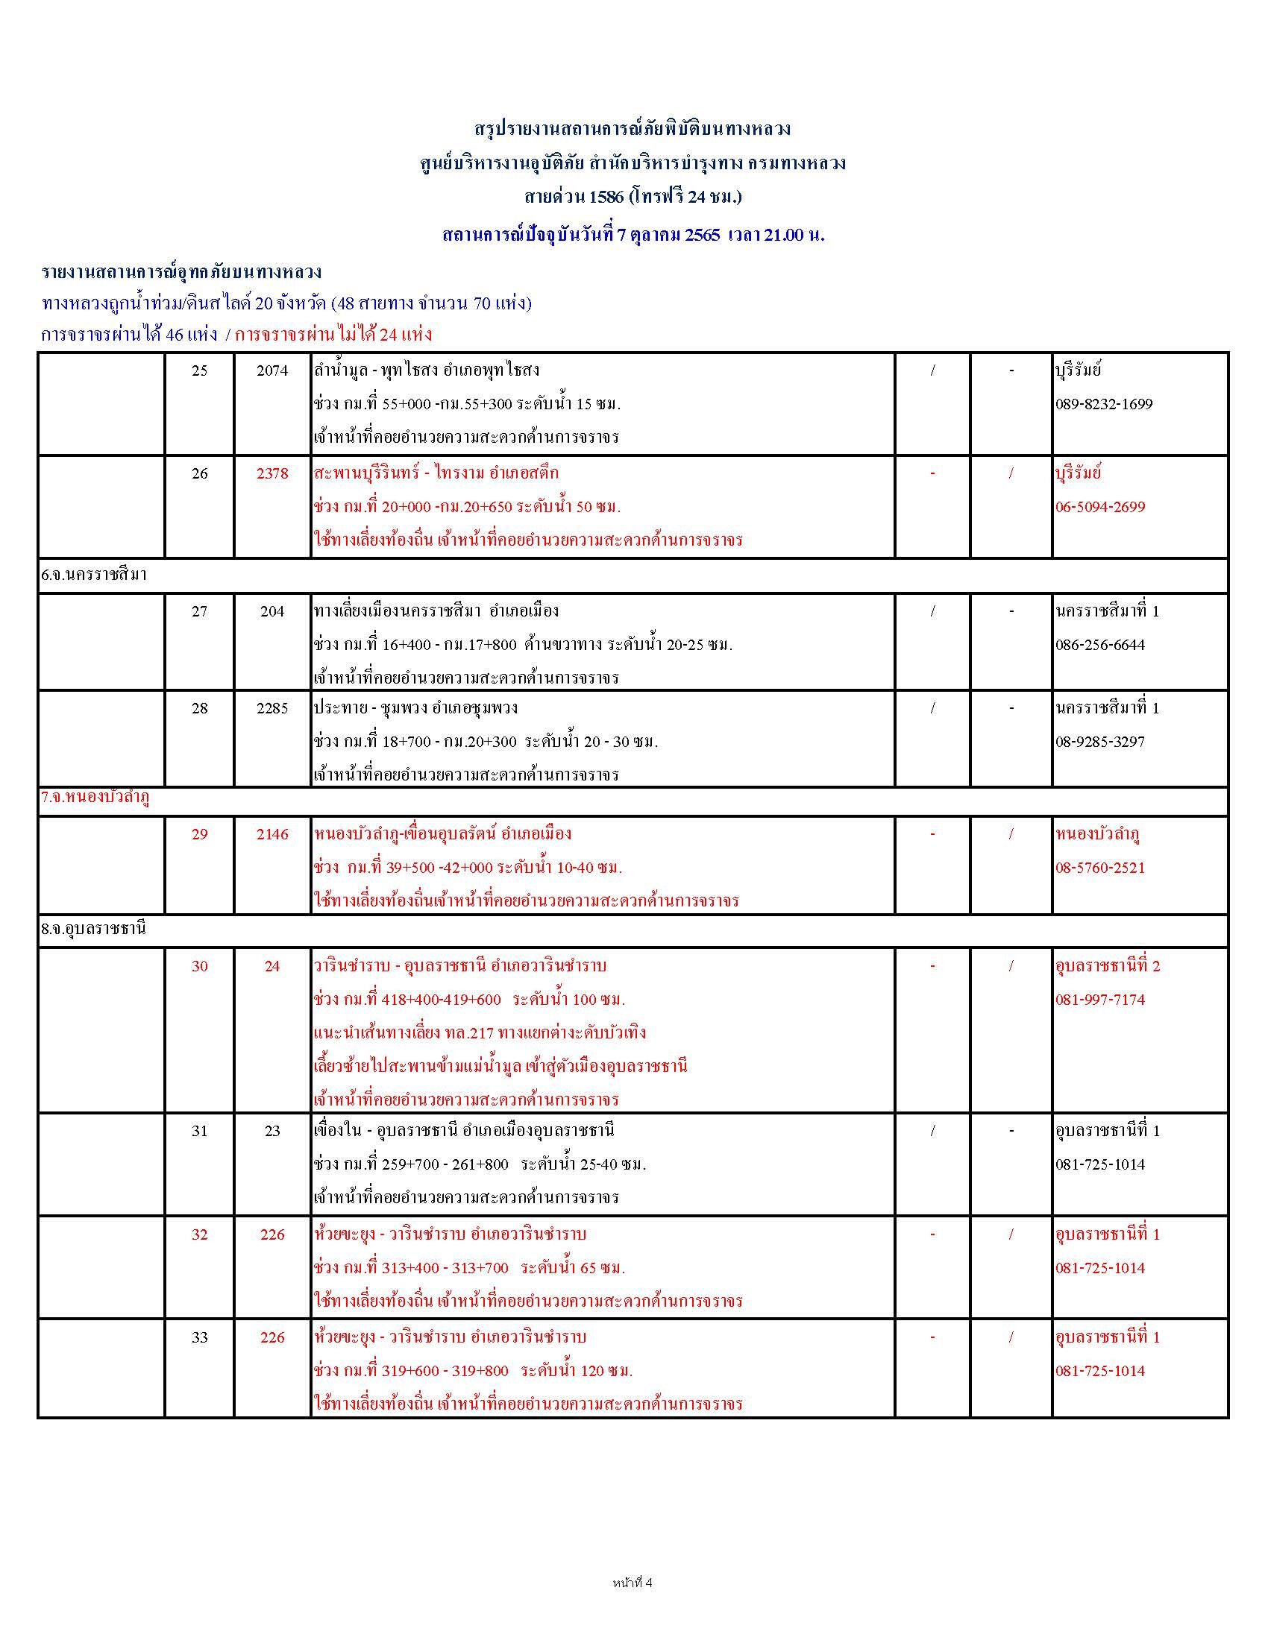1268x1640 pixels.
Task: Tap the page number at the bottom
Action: (633, 1583)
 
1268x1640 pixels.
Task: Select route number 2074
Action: (272, 371)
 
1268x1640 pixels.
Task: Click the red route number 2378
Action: (272, 474)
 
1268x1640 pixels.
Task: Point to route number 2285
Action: (272, 708)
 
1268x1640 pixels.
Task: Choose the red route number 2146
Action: (272, 834)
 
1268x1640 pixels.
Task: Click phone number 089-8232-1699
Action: (1103, 404)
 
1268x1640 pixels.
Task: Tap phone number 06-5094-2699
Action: (1099, 507)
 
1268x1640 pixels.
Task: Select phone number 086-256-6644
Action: (1099, 645)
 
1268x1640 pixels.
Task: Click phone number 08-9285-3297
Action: (1099, 742)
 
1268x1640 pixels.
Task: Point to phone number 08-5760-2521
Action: (1099, 868)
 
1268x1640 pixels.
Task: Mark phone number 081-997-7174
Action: (1099, 1000)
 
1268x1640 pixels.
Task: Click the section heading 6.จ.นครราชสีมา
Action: (94, 576)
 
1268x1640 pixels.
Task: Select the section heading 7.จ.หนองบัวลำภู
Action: (95, 799)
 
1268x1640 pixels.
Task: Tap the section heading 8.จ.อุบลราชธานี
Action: (94, 929)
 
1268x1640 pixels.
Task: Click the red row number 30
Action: (199, 966)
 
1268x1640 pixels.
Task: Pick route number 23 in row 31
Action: (272, 1131)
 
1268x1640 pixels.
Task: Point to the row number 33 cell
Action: (199, 1337)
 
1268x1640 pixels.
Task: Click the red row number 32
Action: (199, 1234)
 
